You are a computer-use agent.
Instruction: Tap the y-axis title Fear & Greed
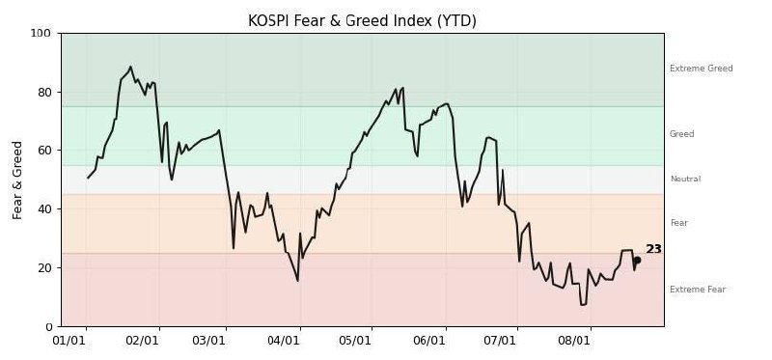tap(17, 180)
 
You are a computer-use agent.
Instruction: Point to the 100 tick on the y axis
tap(41, 34)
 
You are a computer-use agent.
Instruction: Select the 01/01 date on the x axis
tap(69, 341)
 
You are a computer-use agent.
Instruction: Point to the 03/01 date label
tap(208, 341)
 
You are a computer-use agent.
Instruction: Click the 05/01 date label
tap(354, 341)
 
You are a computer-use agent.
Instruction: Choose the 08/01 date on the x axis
tap(573, 341)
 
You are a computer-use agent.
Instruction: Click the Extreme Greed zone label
tap(702, 69)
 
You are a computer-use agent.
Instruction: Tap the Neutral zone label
tap(685, 179)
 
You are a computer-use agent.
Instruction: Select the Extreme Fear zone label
tap(698, 290)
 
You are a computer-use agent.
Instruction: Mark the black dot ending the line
tap(637, 260)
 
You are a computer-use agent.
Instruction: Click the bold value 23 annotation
tap(654, 249)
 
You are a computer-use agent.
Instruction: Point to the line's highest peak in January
tap(130, 67)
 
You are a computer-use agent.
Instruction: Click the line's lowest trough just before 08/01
tap(582, 305)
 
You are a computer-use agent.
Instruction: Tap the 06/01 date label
tap(427, 341)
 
